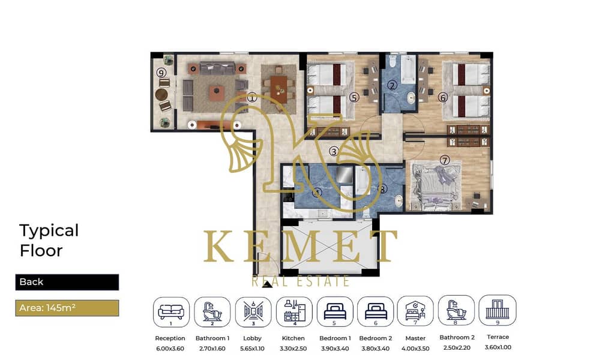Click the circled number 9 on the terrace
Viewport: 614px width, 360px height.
[161, 73]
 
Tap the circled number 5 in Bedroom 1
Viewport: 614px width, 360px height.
[354, 97]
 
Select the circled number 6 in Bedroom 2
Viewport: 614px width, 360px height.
[442, 97]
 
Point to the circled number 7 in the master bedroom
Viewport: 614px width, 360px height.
[445, 160]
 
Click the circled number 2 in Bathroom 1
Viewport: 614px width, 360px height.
[393, 85]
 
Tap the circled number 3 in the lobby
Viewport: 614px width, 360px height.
[333, 151]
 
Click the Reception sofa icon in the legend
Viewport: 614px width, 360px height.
[171, 312]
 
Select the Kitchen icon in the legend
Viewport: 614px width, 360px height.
[294, 312]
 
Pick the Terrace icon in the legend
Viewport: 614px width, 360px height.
[498, 310]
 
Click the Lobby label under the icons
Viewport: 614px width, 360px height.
[252, 338]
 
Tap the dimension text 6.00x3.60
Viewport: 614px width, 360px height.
[170, 349]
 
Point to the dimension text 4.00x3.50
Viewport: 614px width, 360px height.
[415, 349]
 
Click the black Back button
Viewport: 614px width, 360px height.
[67, 282]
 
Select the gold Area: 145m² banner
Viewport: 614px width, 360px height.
[67, 308]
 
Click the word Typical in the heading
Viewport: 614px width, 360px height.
[49, 231]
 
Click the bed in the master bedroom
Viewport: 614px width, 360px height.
[435, 185]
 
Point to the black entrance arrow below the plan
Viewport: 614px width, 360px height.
[267, 284]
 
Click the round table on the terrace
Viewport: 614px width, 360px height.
[161, 94]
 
